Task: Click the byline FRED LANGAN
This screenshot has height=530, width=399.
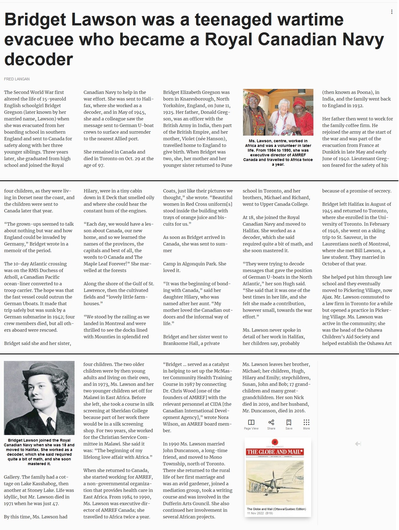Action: coord(17,79)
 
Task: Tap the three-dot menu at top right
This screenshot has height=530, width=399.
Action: coord(392,12)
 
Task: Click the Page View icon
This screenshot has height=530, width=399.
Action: coord(251,422)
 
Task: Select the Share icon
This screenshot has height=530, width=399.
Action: coord(271,422)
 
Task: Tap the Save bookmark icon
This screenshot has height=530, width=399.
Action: coord(289,422)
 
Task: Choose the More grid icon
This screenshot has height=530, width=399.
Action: coord(306,422)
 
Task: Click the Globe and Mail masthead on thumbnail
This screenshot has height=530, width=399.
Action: coord(275,452)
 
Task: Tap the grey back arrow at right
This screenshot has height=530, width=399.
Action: coord(358,444)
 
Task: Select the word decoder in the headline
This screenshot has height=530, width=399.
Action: coord(39,60)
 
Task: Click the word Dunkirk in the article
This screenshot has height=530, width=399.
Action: coord(331,152)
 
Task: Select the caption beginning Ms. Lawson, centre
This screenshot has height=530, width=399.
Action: coord(278,152)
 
